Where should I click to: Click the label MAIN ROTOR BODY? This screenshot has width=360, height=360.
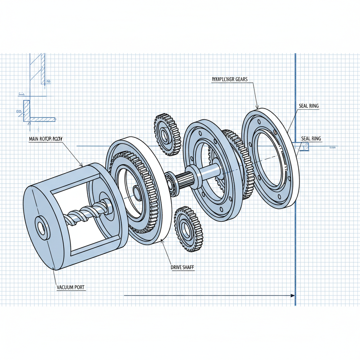46,139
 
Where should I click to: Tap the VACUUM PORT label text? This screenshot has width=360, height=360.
70,288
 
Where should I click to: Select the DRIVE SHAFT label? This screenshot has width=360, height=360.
182,268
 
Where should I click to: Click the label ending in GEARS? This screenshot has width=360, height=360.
230,79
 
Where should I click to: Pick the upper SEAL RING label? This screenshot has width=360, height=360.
309,106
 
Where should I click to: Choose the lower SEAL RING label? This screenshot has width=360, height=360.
311,139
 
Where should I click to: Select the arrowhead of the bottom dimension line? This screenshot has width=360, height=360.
292,296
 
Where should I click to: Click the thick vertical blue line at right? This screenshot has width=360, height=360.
295,211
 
